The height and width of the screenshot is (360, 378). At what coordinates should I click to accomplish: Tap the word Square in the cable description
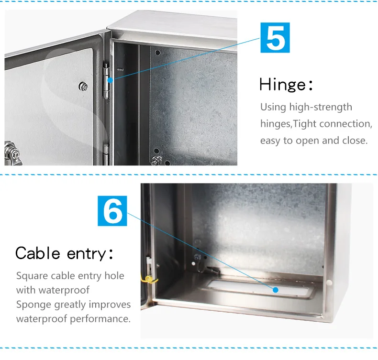click(x=32, y=276)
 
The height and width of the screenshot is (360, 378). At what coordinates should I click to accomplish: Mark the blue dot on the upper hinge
click(x=110, y=80)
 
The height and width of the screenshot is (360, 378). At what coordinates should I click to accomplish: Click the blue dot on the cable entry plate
click(x=276, y=290)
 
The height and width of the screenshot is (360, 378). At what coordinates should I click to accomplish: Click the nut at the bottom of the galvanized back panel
click(x=156, y=160)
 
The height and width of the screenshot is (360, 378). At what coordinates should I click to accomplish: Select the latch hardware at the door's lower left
click(x=11, y=152)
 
